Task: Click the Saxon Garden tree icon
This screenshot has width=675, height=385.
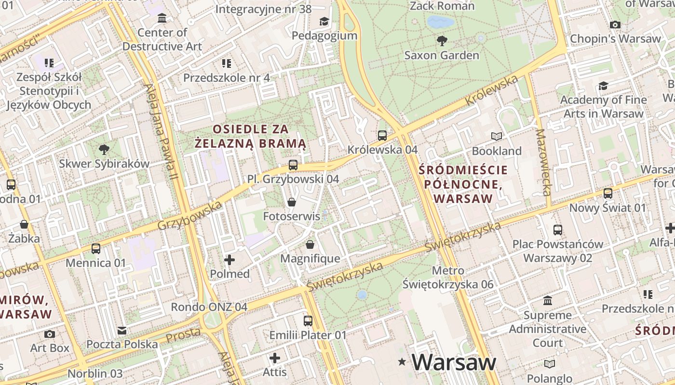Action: click(x=441, y=40)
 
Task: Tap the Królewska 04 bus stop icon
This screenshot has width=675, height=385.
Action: click(x=382, y=136)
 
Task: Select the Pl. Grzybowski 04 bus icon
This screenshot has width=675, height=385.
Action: click(x=293, y=165)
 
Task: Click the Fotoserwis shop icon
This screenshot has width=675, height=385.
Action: click(x=291, y=202)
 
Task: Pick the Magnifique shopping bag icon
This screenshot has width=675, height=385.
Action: click(x=310, y=244)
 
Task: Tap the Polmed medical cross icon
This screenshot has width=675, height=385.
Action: click(x=229, y=260)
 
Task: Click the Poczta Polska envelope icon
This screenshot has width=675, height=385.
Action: click(x=122, y=331)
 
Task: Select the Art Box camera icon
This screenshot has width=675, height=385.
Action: click(x=49, y=334)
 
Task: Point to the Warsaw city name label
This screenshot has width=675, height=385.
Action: click(x=454, y=362)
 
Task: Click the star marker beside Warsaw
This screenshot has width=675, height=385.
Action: click(x=402, y=361)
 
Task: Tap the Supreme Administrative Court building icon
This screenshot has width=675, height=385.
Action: click(x=548, y=301)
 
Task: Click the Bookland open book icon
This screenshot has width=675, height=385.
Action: click(x=496, y=136)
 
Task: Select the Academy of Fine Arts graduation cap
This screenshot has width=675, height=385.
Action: click(x=603, y=86)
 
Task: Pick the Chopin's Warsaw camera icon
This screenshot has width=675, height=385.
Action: click(x=615, y=25)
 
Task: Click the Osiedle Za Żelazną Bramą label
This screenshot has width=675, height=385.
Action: click(x=251, y=136)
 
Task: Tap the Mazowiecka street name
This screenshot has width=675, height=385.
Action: click(x=543, y=162)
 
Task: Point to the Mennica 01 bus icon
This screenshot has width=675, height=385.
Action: click(x=96, y=249)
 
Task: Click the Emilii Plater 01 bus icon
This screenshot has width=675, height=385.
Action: click(x=308, y=321)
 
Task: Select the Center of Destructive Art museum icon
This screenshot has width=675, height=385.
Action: click(x=162, y=18)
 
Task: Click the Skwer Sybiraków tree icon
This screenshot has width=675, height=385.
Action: click(x=104, y=149)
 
